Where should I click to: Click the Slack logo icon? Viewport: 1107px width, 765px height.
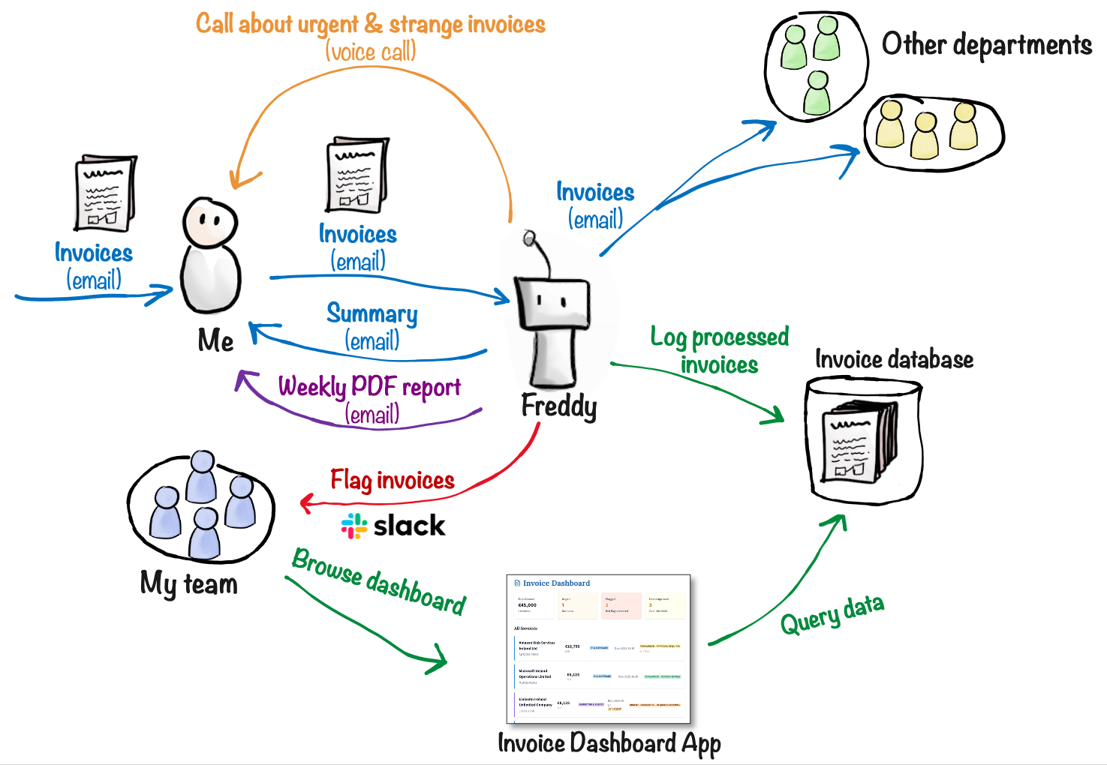click(353, 526)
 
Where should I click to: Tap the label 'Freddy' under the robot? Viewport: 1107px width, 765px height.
click(559, 406)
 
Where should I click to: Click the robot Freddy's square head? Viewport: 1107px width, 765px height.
click(552, 304)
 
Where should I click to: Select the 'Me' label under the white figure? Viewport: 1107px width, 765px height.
click(215, 341)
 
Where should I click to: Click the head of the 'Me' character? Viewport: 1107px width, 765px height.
click(210, 221)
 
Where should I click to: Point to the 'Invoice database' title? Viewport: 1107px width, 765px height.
click(894, 360)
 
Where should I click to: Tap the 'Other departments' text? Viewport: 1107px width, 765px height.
click(986, 45)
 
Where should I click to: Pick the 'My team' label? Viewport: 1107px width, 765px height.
click(189, 584)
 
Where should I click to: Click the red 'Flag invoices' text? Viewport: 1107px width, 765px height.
click(393, 481)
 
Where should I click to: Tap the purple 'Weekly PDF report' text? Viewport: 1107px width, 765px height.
click(369, 388)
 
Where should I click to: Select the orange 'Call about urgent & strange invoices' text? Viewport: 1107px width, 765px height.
click(371, 25)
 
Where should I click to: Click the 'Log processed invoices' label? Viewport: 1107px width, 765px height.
click(719, 350)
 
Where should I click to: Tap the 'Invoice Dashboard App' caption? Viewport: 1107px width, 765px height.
click(609, 743)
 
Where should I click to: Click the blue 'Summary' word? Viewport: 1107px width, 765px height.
click(372, 313)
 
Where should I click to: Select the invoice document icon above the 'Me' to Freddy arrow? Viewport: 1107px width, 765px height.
click(357, 175)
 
